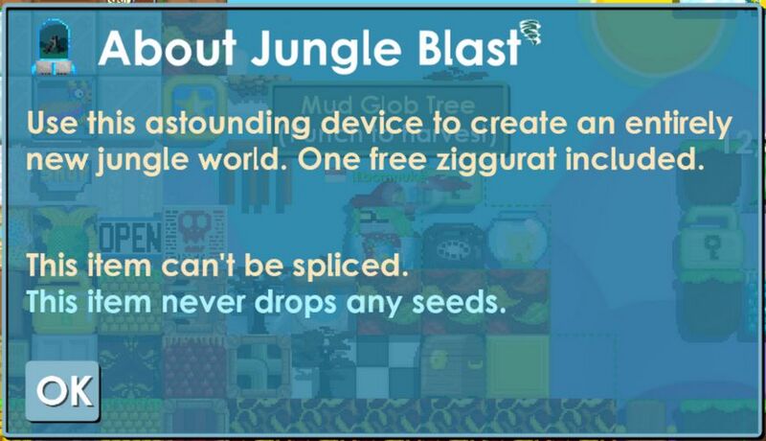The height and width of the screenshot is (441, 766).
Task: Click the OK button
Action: pyautogui.click(x=63, y=390)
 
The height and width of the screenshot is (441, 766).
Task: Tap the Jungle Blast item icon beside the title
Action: pyautogui.click(x=55, y=49)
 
